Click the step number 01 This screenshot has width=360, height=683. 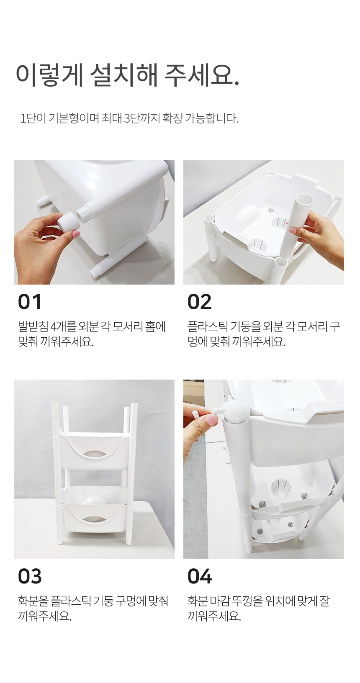pos(29,302)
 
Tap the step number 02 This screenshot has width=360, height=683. pos(200,302)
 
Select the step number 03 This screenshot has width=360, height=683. pos(30,576)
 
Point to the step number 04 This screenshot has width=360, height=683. pos(200,576)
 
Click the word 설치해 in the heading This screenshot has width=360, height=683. pos(123,75)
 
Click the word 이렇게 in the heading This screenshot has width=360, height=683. pos(49,75)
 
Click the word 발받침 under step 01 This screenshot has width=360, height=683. pos(33,326)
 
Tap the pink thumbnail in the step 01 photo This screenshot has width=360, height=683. pos(75,234)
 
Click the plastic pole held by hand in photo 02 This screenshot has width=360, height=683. pos(296,224)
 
